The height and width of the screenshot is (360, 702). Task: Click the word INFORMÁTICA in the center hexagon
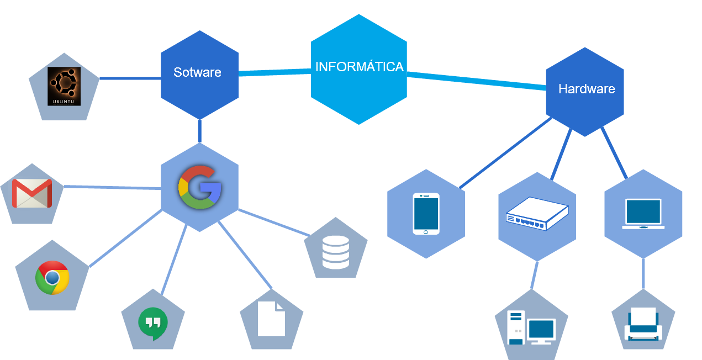359,67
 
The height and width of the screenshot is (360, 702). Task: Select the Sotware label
197,72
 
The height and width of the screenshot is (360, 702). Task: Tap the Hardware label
587,89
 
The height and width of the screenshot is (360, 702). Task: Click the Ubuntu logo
64,86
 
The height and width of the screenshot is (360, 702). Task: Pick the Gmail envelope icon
32,193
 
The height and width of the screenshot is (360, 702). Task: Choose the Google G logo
199,187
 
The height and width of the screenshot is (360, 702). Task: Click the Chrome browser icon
52,277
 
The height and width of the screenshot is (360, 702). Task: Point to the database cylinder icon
336,252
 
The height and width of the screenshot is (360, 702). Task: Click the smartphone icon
426,214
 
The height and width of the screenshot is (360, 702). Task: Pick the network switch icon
537,214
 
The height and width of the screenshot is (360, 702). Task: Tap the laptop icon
643,214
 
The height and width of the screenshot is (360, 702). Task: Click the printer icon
643,324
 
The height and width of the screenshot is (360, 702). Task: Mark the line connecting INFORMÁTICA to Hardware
475,80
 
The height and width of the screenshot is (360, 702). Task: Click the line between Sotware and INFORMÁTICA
275,71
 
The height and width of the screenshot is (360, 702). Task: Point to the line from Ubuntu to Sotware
130,78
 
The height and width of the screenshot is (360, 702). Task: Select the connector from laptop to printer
643,273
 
